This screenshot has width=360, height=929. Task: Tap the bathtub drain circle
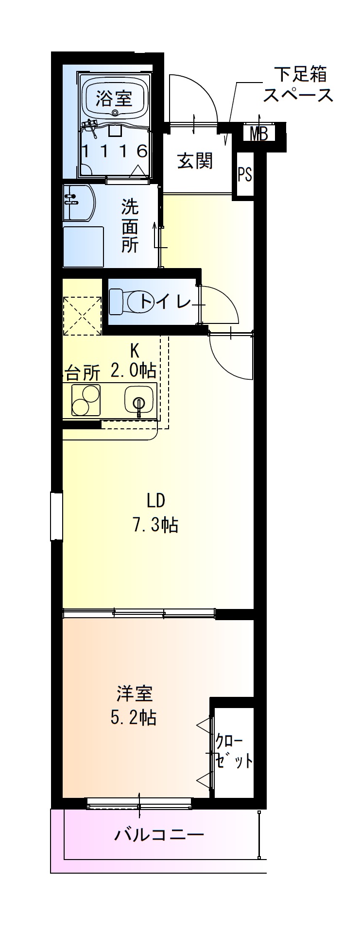coord(115,113)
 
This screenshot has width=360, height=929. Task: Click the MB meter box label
coord(258,134)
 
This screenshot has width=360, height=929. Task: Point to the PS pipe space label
coord(245,174)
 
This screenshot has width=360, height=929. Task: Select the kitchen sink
coord(139,401)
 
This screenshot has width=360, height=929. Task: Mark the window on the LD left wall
coord(56,515)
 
